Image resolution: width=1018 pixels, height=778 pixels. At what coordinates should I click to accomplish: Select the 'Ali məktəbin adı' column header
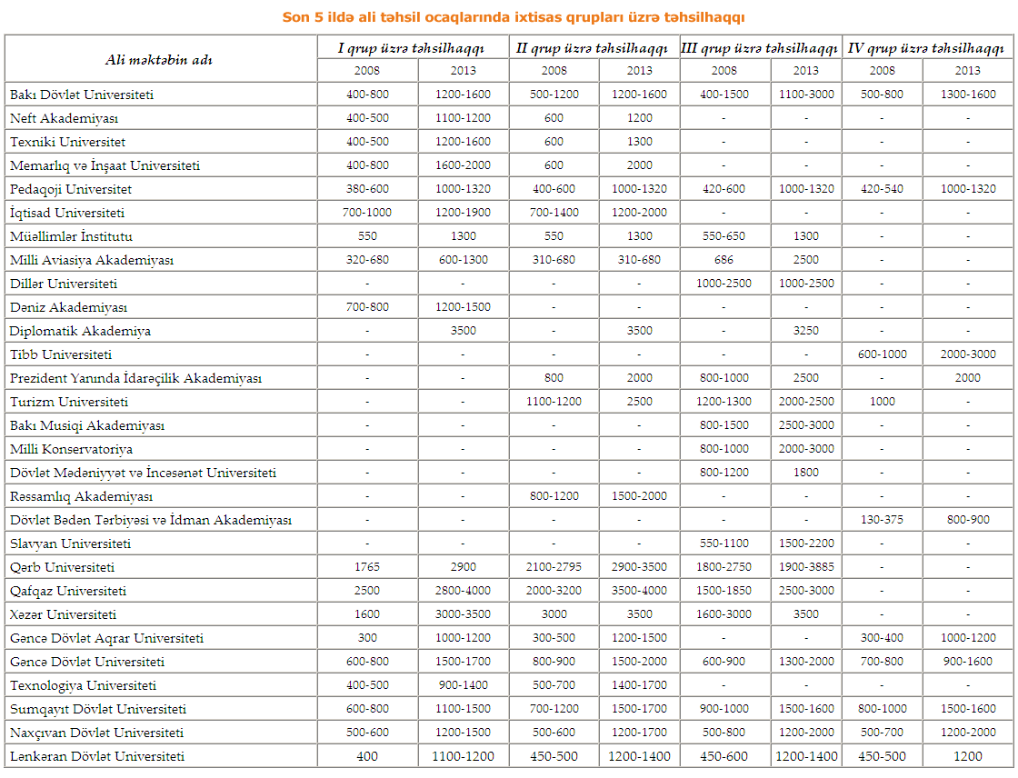click(x=159, y=60)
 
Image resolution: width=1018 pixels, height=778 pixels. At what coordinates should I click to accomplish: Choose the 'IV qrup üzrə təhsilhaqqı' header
click(x=925, y=48)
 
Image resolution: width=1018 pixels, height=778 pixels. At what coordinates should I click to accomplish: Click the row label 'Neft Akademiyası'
click(x=64, y=118)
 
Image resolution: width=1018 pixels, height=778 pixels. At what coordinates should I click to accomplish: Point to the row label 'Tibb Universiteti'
click(x=61, y=354)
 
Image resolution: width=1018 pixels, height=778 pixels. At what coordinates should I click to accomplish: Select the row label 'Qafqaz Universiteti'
click(x=68, y=591)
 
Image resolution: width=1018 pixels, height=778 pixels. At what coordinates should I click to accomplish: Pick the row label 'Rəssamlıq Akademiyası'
click(x=81, y=496)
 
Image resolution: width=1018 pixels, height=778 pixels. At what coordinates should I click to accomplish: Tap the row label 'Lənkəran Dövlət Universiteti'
click(x=97, y=756)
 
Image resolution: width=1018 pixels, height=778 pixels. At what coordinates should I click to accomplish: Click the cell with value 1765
click(x=367, y=567)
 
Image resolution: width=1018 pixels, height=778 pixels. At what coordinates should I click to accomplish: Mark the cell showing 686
click(x=724, y=260)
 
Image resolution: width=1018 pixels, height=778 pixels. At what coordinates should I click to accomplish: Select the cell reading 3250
click(x=805, y=331)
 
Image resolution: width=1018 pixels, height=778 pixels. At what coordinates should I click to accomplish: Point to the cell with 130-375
click(x=882, y=520)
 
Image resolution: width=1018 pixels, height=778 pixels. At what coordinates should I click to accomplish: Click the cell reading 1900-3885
click(x=805, y=567)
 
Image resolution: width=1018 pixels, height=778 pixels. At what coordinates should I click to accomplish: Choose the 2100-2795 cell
click(x=554, y=567)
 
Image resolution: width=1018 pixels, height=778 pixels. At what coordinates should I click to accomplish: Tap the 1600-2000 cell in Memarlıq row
click(x=463, y=165)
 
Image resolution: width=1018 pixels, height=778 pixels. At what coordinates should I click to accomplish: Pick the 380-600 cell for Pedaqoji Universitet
click(x=367, y=189)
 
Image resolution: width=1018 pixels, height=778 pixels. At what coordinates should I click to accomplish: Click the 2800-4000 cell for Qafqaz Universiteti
click(x=463, y=591)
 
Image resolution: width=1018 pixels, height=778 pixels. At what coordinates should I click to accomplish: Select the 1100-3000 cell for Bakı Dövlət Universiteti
click(x=805, y=95)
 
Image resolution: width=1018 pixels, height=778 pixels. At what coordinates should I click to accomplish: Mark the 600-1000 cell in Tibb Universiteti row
click(x=882, y=354)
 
